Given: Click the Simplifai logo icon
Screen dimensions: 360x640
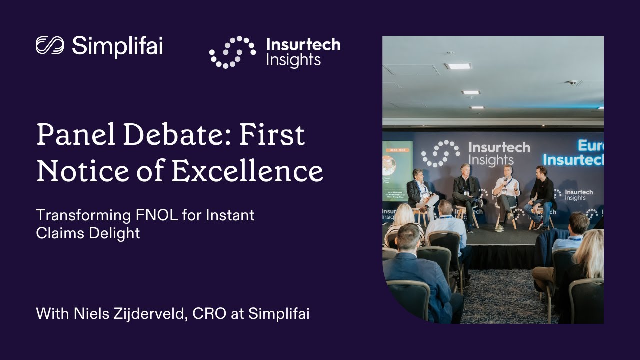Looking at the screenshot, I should click(50, 45).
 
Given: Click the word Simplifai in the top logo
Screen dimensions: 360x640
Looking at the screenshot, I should click(117, 46).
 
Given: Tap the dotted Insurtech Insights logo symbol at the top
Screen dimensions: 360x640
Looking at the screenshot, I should click(232, 52).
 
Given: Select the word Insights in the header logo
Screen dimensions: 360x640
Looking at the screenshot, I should click(293, 60).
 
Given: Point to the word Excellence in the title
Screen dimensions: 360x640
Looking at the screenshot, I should click(247, 171).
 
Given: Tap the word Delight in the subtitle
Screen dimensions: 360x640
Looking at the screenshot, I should click(115, 233).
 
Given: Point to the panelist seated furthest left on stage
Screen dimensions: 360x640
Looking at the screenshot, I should click(419, 192).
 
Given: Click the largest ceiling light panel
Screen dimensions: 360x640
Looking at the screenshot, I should click(458, 66).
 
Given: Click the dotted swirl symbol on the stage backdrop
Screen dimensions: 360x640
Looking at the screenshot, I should click(440, 153).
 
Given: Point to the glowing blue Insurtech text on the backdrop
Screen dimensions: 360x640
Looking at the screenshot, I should click(573, 160).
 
